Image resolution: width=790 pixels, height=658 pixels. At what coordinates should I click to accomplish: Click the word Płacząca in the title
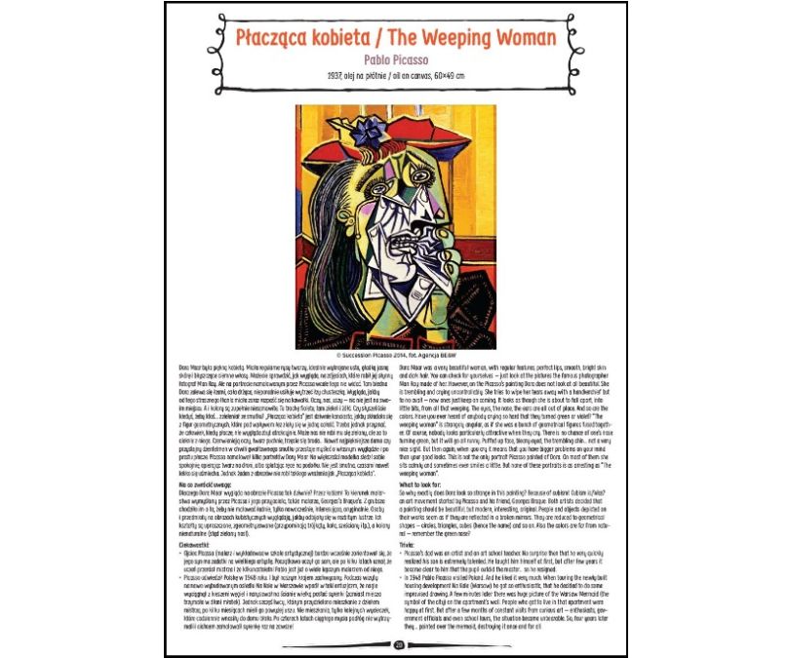[x=276, y=39]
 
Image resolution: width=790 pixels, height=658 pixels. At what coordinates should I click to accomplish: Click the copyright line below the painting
[x=395, y=342]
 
